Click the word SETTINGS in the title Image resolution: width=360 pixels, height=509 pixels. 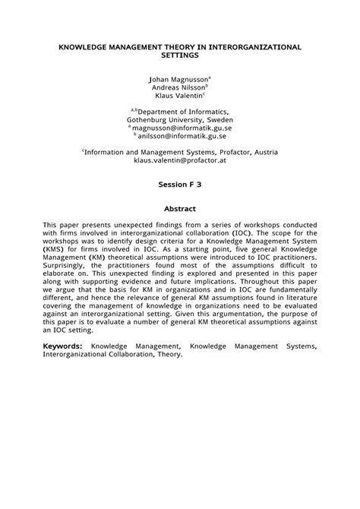coord(179,55)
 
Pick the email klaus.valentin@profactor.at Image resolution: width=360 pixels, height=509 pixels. coord(181,161)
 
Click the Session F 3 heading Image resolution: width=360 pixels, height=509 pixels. coord(180,185)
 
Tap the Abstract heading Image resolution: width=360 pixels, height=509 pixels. coord(180,209)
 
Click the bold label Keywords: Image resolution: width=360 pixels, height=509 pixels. coord(63,346)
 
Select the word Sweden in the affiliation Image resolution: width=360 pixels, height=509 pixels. coord(218,120)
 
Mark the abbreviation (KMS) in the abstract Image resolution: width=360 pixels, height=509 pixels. coord(53,250)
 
